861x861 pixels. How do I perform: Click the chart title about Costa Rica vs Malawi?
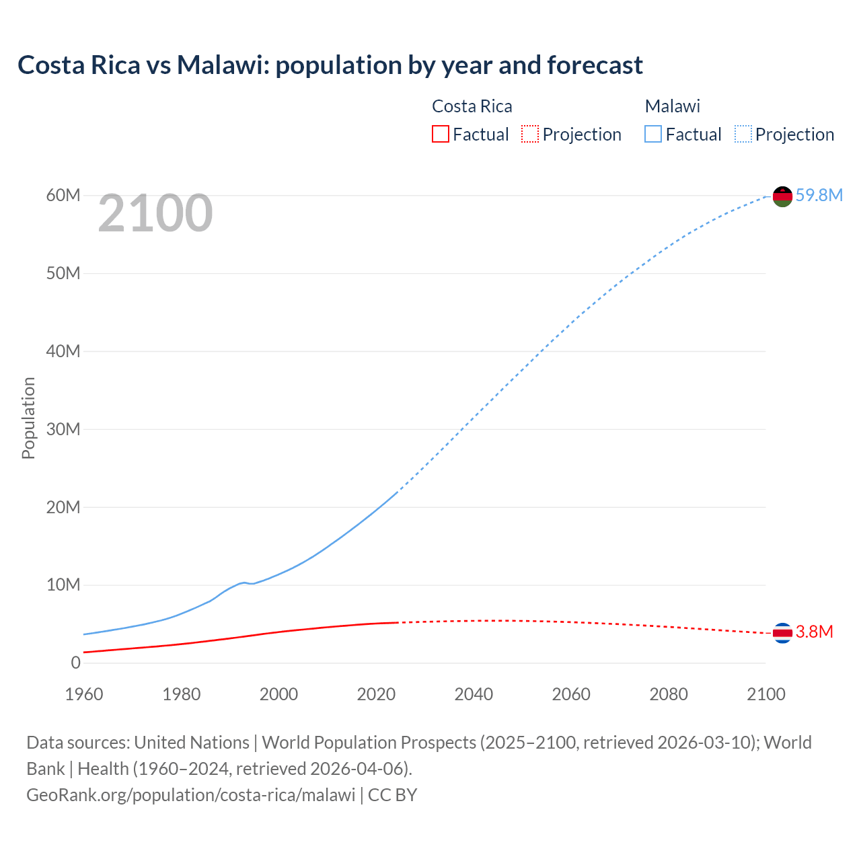click(x=330, y=65)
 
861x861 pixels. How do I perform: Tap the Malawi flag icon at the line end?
click(x=782, y=196)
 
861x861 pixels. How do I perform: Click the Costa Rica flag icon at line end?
click(x=782, y=633)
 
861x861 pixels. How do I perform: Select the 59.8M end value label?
click(x=819, y=195)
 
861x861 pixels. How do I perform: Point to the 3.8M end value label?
click(x=814, y=632)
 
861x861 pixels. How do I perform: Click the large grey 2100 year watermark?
click(x=155, y=214)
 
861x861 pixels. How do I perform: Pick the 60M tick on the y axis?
click(x=63, y=195)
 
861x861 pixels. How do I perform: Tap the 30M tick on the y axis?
click(x=63, y=429)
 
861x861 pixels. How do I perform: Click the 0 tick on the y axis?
click(x=75, y=663)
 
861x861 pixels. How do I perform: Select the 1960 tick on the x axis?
click(x=84, y=694)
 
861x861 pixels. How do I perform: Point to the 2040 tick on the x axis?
click(x=474, y=694)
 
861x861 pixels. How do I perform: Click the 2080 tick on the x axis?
click(x=669, y=694)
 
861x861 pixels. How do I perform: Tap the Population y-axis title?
click(x=28, y=418)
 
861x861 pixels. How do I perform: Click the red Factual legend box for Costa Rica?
click(x=441, y=135)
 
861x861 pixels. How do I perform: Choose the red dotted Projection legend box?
click(x=530, y=135)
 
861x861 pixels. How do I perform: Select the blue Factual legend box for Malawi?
click(x=653, y=135)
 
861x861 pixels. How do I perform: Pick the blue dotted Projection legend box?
click(x=743, y=135)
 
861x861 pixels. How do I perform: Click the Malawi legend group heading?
click(x=673, y=106)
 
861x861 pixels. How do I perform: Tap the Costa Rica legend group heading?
click(x=472, y=106)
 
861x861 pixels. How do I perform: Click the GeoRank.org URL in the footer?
click(x=190, y=795)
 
